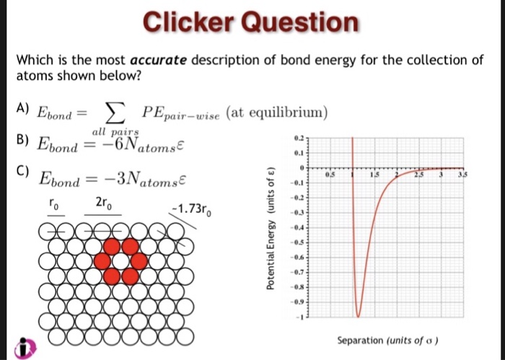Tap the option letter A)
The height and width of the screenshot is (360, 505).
[x=22, y=109]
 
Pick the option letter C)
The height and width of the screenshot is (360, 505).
[x=22, y=171]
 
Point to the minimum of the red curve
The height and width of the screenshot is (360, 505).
[x=357, y=315]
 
